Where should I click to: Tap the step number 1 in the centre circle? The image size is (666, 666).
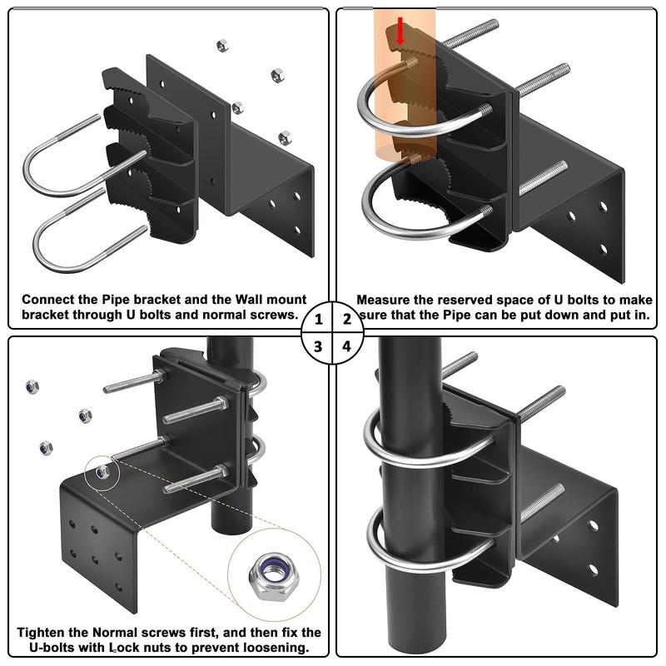coord(319,320)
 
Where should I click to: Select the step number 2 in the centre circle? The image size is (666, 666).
coord(347,320)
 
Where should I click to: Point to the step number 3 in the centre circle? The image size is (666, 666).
coord(318,347)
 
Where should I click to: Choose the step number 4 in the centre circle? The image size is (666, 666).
coord(347,346)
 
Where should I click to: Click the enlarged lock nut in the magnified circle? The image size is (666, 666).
coord(274,576)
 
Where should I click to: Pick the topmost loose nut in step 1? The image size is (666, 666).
coord(222,46)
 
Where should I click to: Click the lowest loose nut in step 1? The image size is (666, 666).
coord(285,138)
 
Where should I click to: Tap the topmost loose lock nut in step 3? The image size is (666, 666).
coord(32,387)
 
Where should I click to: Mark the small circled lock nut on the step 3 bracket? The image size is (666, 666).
coord(102,471)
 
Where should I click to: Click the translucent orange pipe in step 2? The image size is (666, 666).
coord(405,85)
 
